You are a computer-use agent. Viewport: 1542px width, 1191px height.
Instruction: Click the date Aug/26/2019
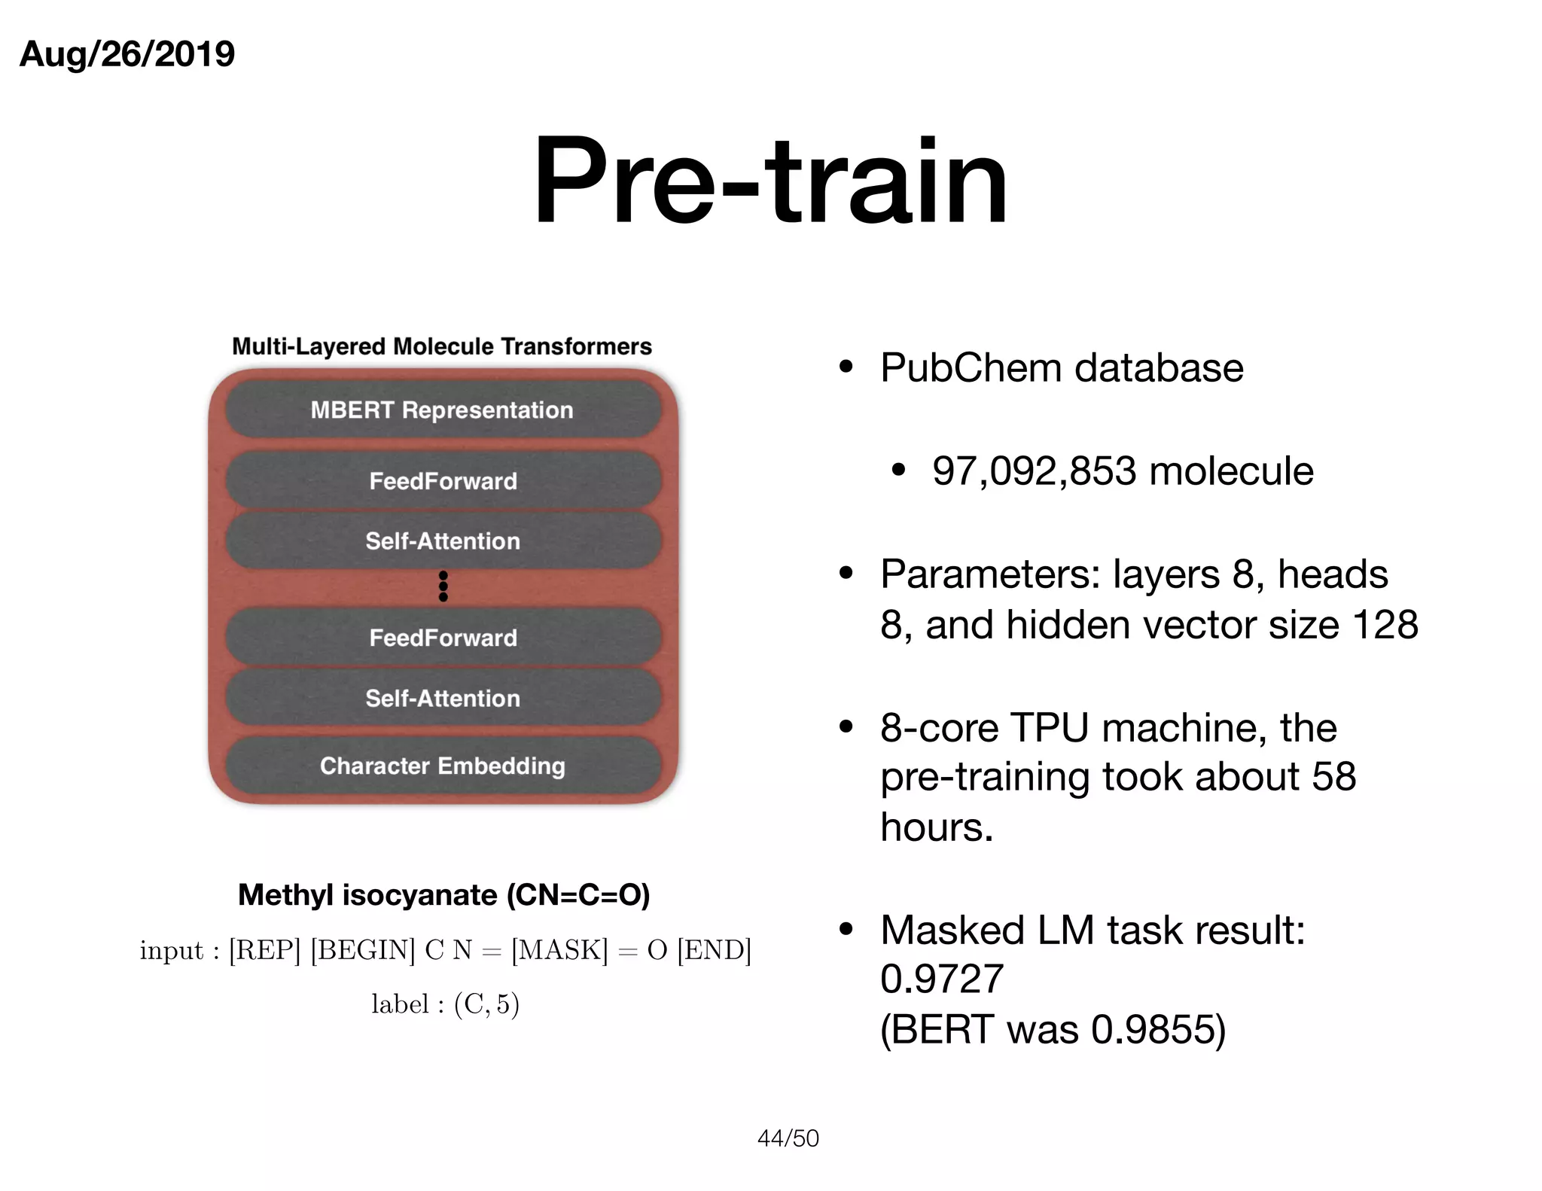pyautogui.click(x=126, y=54)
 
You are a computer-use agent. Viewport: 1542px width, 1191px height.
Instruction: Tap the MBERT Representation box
pyautogui.click(x=443, y=410)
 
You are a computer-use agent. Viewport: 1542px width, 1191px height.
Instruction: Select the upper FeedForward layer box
pyautogui.click(x=443, y=481)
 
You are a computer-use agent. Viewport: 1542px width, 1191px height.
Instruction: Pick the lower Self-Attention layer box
pyautogui.click(x=443, y=698)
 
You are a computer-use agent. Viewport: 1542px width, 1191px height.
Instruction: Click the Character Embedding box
pyautogui.click(x=443, y=766)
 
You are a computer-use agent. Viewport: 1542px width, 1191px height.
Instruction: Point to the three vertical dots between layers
pyautogui.click(x=443, y=586)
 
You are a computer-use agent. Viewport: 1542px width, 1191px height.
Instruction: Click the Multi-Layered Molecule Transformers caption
pyautogui.click(x=442, y=346)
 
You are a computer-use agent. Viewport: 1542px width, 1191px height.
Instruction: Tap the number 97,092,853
pyautogui.click(x=1034, y=471)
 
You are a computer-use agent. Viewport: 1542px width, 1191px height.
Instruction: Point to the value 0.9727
pyautogui.click(x=941, y=979)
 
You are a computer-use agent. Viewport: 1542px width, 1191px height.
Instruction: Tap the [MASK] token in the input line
pyautogui.click(x=559, y=950)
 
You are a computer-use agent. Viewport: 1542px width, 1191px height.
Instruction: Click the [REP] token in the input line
pyautogui.click(x=264, y=950)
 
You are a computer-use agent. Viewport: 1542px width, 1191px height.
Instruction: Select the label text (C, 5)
pyautogui.click(x=486, y=1004)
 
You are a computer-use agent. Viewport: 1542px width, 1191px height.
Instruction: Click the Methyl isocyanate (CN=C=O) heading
pyautogui.click(x=443, y=895)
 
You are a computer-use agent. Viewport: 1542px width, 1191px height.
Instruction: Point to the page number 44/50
pyautogui.click(x=788, y=1138)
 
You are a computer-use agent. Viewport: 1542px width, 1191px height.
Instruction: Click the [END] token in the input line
pyautogui.click(x=714, y=950)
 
